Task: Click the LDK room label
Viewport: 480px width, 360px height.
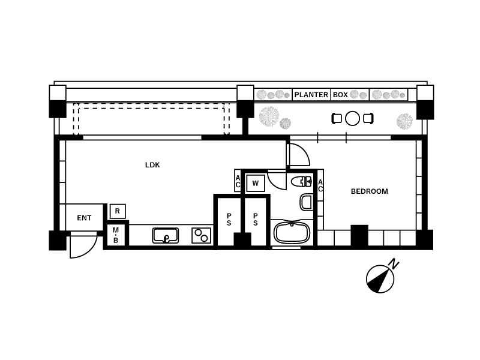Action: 152,165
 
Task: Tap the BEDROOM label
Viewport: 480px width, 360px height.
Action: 369,191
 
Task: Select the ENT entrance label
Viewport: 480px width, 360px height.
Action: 84,218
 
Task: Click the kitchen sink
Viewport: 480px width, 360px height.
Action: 166,236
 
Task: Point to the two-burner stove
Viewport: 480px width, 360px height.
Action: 202,236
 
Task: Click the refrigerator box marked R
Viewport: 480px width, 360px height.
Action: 118,211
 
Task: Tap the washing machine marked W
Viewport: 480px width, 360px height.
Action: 256,184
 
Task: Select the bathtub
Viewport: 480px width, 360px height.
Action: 292,232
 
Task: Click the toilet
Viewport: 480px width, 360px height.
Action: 301,182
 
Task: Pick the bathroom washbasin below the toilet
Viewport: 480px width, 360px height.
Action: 306,202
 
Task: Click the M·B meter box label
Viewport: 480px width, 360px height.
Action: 116,235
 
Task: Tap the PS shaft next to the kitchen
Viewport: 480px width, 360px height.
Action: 229,220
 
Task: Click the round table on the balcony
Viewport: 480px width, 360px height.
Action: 352,118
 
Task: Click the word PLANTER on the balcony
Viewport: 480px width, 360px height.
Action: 311,95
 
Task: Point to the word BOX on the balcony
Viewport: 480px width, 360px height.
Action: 340,95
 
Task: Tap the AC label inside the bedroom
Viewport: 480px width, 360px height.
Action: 320,186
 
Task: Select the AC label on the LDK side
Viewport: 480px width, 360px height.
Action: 238,182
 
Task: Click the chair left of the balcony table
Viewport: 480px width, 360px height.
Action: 337,118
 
